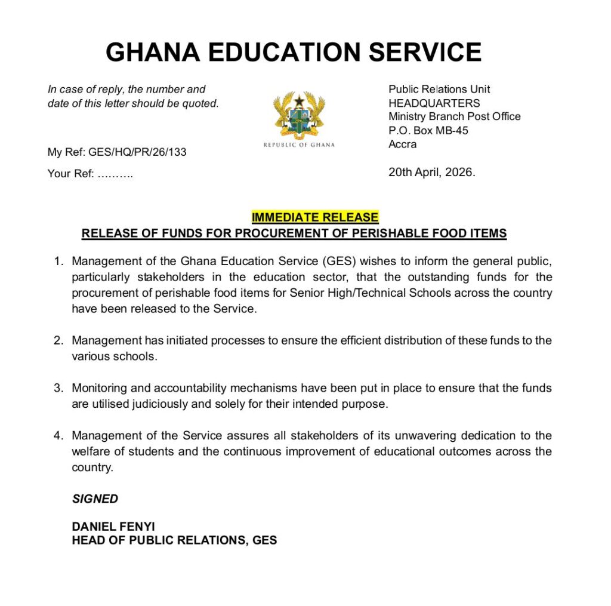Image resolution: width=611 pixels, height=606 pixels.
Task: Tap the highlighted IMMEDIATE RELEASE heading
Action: (314, 217)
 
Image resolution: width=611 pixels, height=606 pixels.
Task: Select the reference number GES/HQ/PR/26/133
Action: (137, 152)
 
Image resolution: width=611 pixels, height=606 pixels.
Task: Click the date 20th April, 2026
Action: (432, 173)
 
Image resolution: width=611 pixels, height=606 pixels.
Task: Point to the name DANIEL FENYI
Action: (113, 527)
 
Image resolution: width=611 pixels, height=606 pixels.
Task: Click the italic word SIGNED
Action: (95, 499)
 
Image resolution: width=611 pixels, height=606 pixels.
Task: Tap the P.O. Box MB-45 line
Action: (428, 131)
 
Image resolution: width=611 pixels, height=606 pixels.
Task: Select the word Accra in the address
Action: (403, 144)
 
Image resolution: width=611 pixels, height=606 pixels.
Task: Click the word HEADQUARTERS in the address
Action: (434, 103)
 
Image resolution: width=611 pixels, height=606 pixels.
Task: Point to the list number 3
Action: (58, 388)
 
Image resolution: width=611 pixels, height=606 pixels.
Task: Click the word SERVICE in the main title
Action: (425, 53)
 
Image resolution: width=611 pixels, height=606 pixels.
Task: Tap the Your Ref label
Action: (70, 174)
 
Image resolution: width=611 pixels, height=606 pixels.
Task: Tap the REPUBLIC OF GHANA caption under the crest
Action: (299, 144)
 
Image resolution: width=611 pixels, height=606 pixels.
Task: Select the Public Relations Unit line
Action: (439, 89)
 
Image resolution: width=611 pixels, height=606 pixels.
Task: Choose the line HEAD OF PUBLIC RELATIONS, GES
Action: (174, 541)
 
